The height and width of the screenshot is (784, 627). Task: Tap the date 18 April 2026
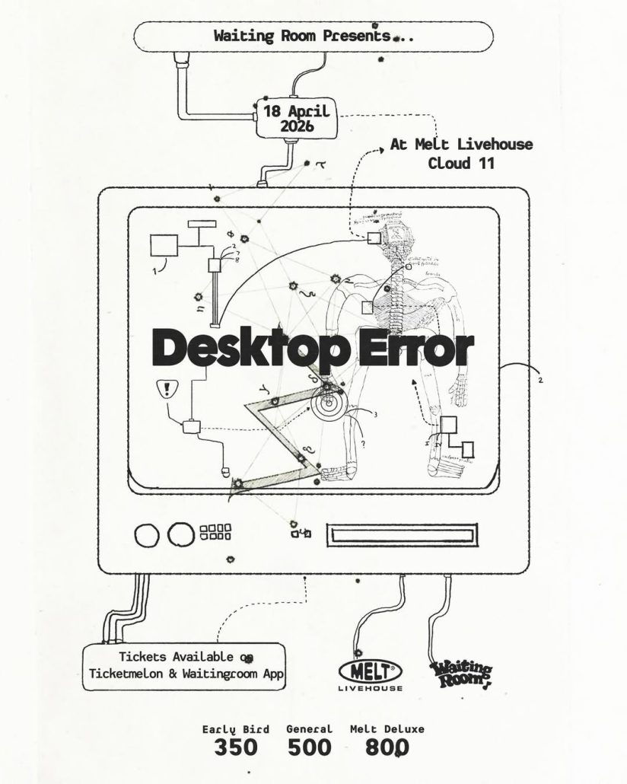pyautogui.click(x=297, y=118)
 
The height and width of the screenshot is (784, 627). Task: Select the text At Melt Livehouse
pyautogui.click(x=461, y=144)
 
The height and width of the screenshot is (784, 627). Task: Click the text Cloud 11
pyautogui.click(x=461, y=162)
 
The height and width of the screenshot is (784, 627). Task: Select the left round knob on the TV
pyautogui.click(x=147, y=534)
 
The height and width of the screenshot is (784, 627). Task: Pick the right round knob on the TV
pyautogui.click(x=181, y=534)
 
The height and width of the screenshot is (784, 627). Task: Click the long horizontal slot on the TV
pyautogui.click(x=402, y=534)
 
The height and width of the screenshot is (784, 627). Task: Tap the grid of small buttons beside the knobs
pyautogui.click(x=215, y=531)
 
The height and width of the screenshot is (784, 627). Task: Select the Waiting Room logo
pyautogui.click(x=461, y=674)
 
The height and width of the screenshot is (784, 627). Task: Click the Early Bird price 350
pyautogui.click(x=236, y=748)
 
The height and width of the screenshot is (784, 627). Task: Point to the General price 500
pyautogui.click(x=309, y=748)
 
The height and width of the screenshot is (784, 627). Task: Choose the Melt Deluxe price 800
pyautogui.click(x=387, y=748)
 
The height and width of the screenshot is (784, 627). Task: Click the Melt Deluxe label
pyautogui.click(x=387, y=728)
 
